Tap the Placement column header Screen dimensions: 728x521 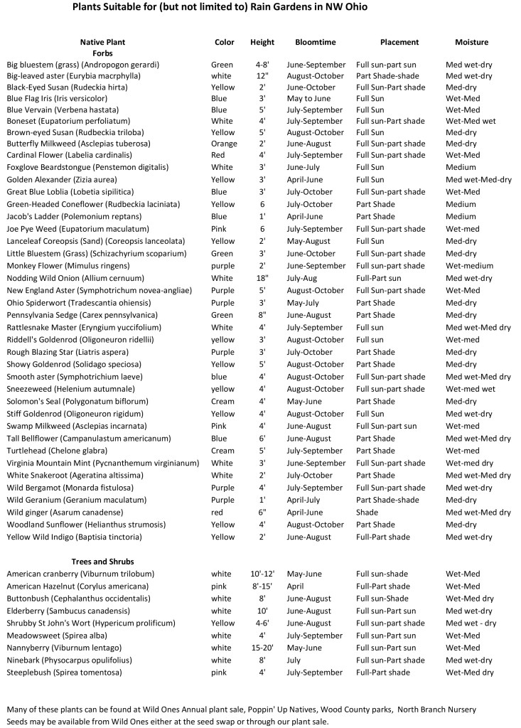point(399,42)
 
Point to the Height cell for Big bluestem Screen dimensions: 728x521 point(262,65)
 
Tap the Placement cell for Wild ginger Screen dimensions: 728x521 point(367,513)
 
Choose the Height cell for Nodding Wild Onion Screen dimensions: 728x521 point(262,279)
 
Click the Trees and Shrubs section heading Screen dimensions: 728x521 point(102,562)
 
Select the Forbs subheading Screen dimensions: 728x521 point(102,53)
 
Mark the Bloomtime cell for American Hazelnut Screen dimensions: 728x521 point(295,587)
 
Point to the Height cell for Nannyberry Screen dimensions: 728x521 point(262,648)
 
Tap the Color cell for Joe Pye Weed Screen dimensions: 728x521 point(219,229)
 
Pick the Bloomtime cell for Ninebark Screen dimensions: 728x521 point(295,660)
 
